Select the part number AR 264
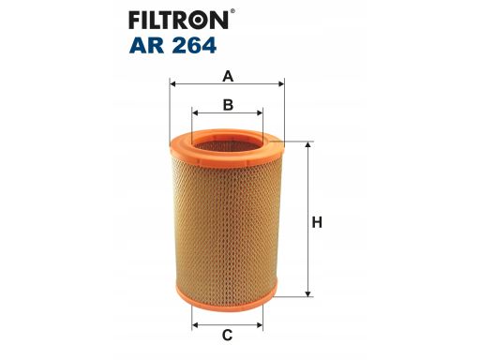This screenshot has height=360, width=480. [172, 46]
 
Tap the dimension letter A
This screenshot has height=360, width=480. [228, 76]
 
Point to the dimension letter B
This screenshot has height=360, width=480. [228, 105]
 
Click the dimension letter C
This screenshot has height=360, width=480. [227, 336]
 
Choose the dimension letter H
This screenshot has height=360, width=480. [317, 223]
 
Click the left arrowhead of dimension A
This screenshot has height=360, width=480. [173, 83]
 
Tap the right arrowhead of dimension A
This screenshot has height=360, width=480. [281, 83]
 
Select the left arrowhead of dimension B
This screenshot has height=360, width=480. [195, 112]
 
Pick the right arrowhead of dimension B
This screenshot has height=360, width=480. [260, 112]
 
